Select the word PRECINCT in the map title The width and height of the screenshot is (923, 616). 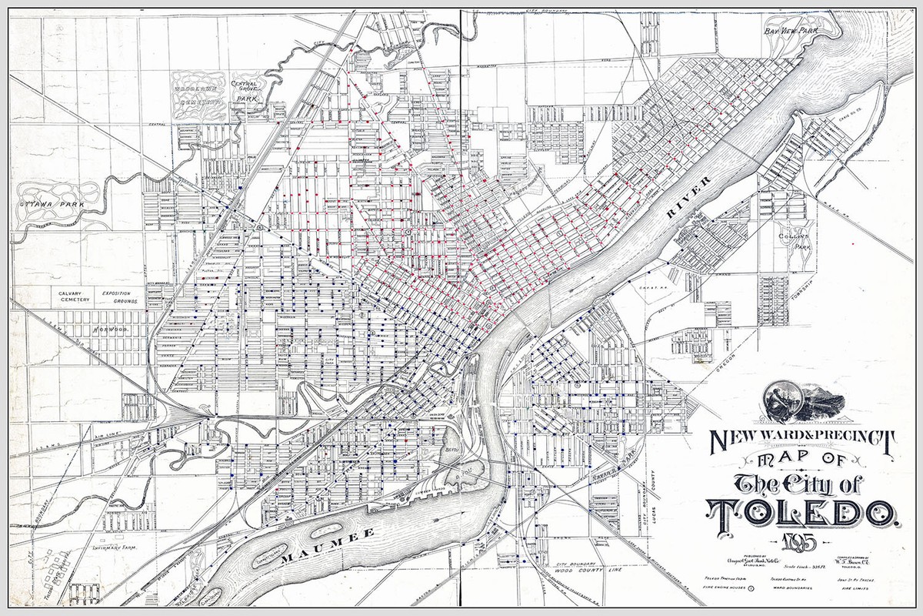click(x=852, y=439)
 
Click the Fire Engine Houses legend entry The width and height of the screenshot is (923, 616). click(x=738, y=589)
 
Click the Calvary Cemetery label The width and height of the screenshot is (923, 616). click(x=75, y=296)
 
